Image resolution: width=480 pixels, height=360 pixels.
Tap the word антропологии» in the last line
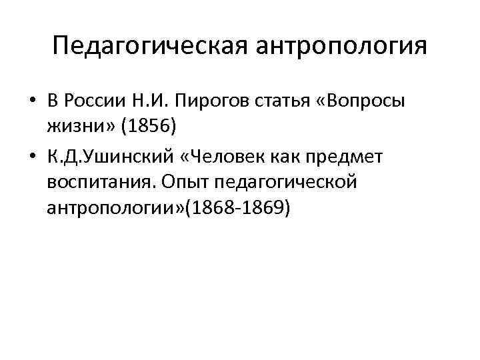[x=116, y=208]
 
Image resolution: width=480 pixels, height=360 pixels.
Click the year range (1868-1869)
[x=238, y=208]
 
